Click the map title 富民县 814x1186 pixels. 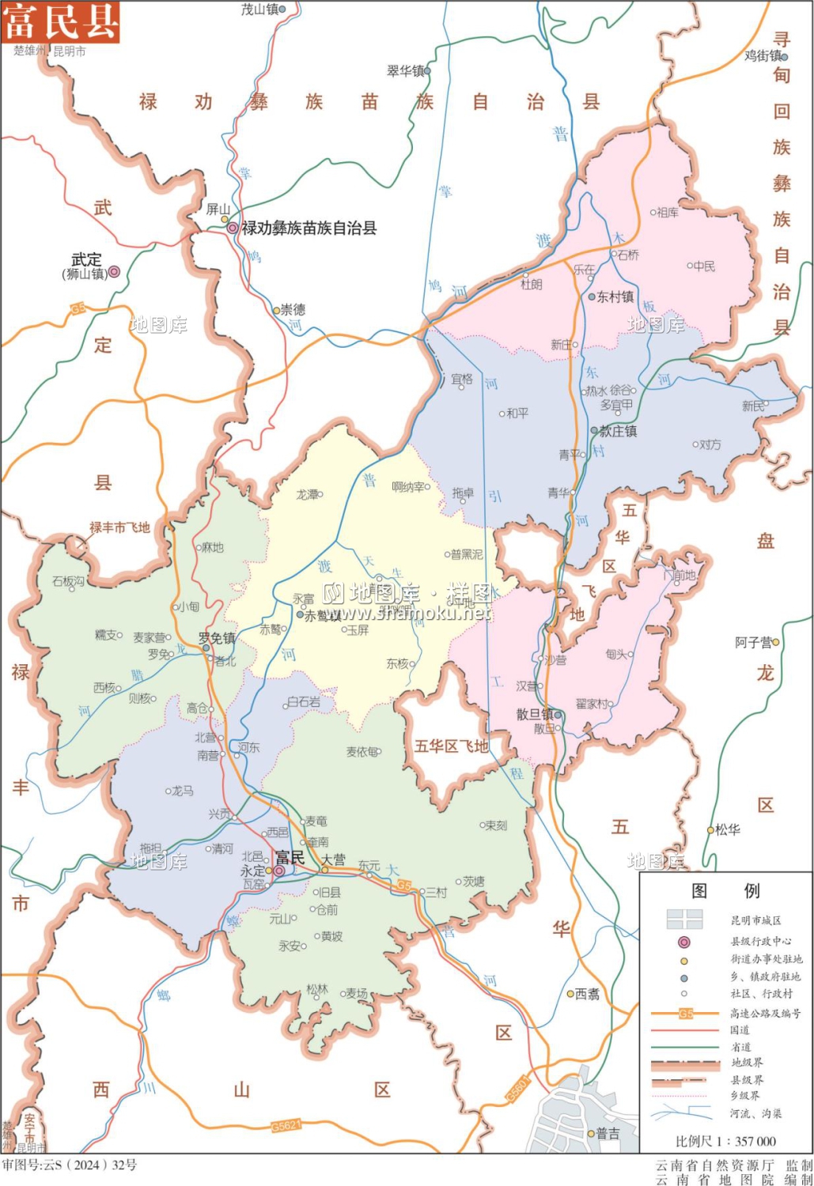click(x=60, y=21)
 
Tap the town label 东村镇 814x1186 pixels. click(x=615, y=297)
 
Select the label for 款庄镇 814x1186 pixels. click(x=618, y=431)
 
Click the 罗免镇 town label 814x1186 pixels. click(x=217, y=638)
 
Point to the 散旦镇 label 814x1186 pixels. click(x=535, y=714)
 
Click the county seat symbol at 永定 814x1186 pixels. click(x=279, y=871)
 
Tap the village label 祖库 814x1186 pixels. click(x=668, y=212)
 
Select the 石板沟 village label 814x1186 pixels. click(x=68, y=581)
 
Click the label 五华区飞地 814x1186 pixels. click(x=451, y=746)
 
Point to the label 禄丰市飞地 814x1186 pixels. click(x=119, y=527)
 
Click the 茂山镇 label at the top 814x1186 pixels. click(x=259, y=9)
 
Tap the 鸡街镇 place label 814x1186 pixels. click(x=763, y=55)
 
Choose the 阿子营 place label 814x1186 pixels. click(x=753, y=643)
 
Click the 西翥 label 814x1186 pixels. click(x=587, y=995)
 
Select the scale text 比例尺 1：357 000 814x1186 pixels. click(x=725, y=1141)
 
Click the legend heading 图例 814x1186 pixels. click(x=725, y=891)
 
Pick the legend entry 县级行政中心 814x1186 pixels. click(x=760, y=942)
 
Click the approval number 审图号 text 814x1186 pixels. click(x=69, y=1165)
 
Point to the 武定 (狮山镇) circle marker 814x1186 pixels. click(x=114, y=272)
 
